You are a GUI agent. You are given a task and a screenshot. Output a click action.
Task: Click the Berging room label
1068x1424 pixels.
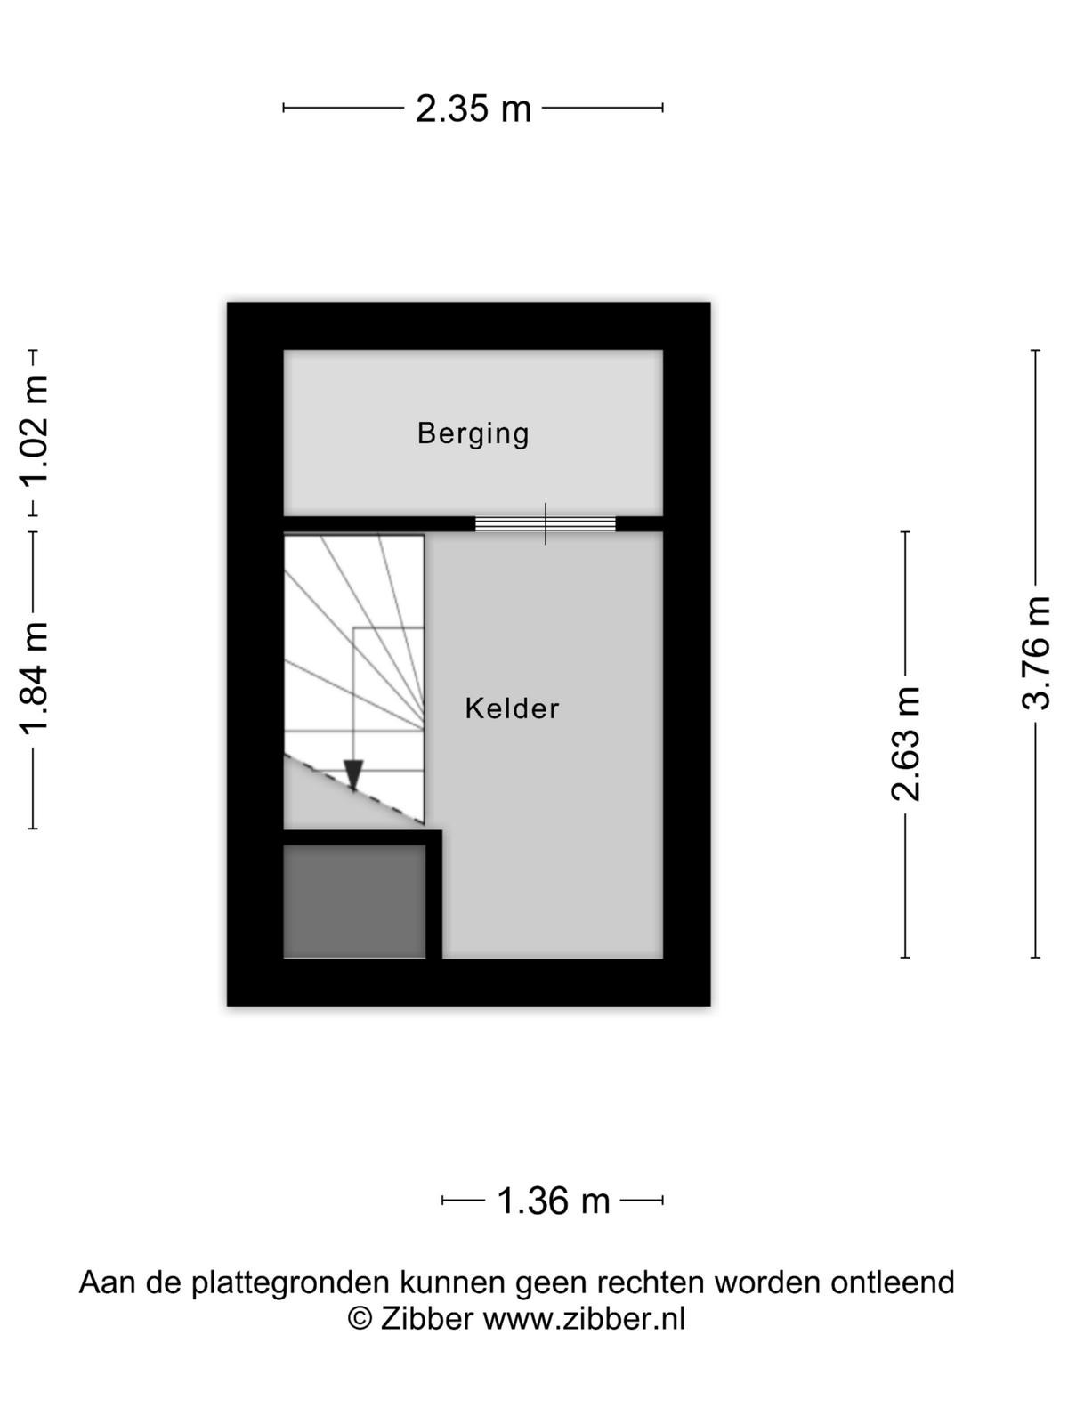point(473,434)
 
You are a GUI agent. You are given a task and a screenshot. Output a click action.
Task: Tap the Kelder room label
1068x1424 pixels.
point(512,708)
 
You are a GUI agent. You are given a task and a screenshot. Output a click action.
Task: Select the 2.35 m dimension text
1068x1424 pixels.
point(473,109)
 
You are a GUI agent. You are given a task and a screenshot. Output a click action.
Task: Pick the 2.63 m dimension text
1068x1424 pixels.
point(906,743)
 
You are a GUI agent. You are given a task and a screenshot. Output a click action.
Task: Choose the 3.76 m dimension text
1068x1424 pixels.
point(1036,652)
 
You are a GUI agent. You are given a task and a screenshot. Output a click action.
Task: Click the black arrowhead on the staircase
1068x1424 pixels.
point(353,774)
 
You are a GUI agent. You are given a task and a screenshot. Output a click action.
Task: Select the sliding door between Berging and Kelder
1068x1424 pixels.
point(546,523)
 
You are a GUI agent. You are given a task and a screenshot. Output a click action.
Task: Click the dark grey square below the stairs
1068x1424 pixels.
point(355,902)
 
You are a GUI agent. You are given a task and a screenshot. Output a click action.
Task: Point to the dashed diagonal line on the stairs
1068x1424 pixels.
point(354,789)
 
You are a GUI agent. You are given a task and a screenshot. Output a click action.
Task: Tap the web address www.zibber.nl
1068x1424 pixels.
point(584,1318)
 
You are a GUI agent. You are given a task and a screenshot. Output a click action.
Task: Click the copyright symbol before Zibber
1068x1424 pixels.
point(360,1318)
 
